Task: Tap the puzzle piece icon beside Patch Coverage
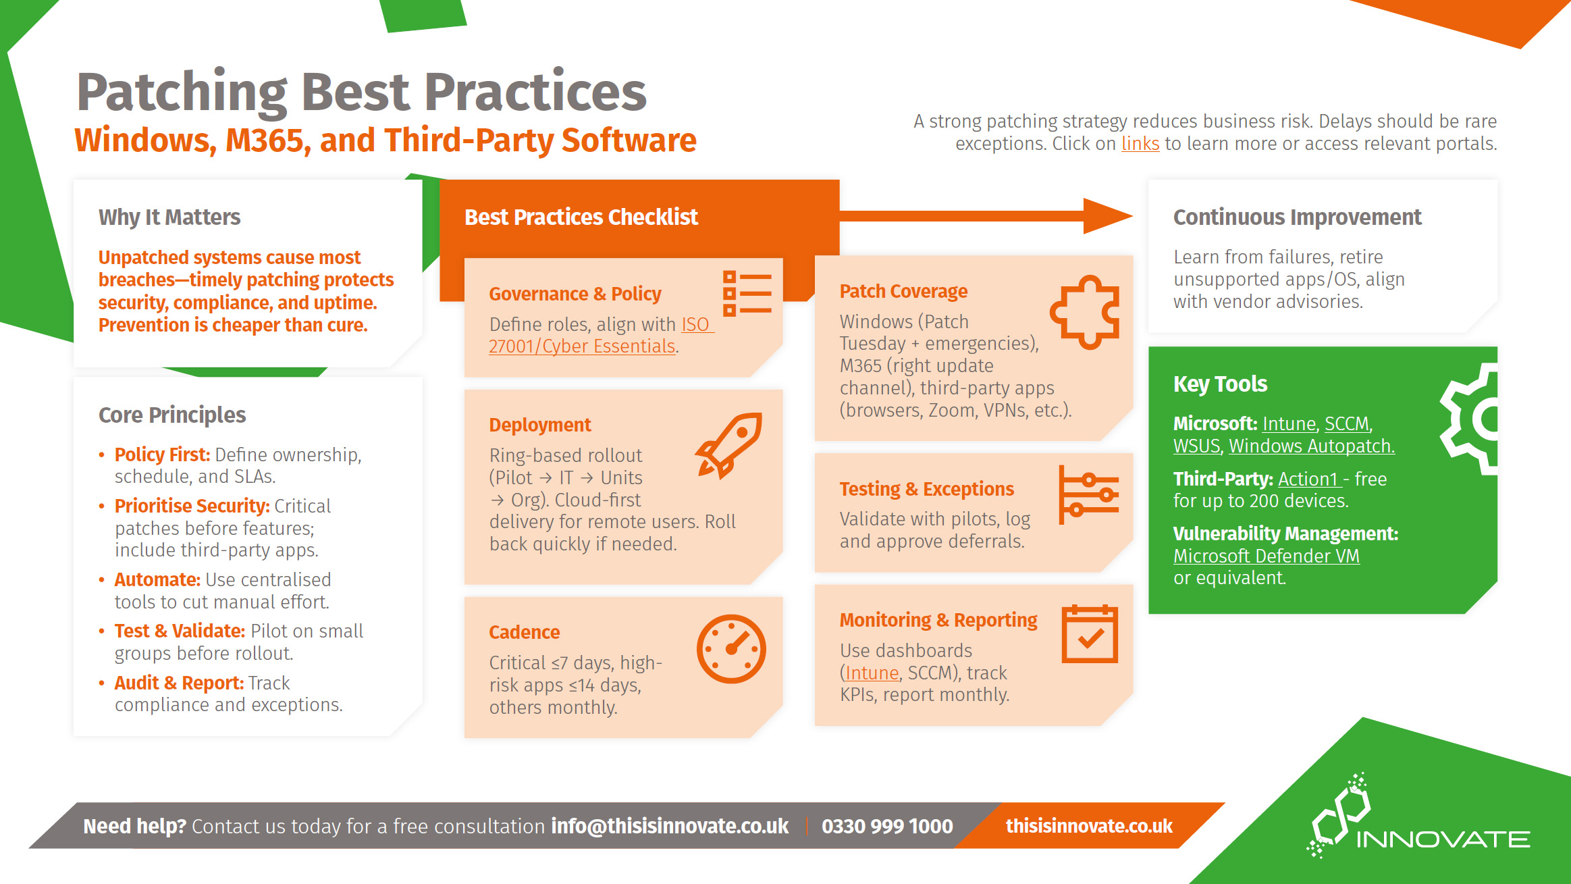point(1085,311)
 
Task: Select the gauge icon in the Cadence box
point(731,648)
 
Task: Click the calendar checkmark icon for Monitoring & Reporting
point(1089,634)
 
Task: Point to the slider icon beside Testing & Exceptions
point(1088,495)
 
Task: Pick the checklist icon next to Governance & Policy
point(747,294)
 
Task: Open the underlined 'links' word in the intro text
point(1140,144)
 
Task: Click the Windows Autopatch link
point(1311,446)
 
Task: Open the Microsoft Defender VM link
point(1266,556)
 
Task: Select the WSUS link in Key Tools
point(1196,446)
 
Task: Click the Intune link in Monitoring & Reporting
point(872,673)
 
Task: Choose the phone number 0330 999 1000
point(887,826)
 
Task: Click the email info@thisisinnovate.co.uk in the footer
point(670,826)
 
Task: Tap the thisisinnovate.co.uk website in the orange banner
point(1089,826)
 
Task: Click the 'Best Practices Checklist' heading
point(581,217)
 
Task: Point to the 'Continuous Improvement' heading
point(1297,217)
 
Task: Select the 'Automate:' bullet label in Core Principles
point(157,579)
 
